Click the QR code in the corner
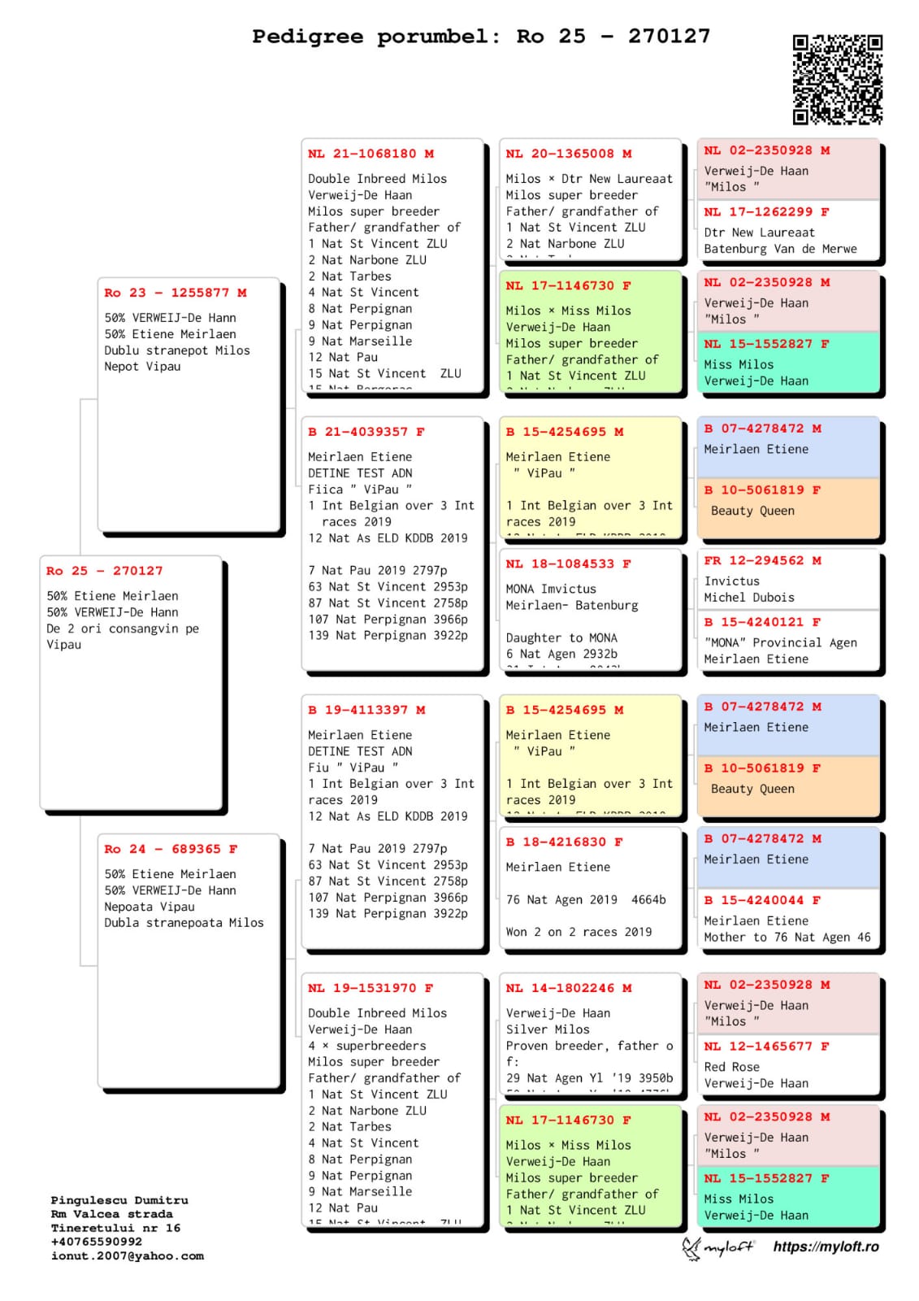point(837,79)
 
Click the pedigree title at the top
point(481,37)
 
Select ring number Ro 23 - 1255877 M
point(176,293)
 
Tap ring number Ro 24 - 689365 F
point(171,849)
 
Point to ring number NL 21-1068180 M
point(371,154)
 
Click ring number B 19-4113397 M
point(366,710)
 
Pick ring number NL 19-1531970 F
point(371,988)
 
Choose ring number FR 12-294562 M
point(762,560)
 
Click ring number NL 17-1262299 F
point(766,211)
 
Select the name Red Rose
point(732,1067)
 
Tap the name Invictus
point(732,581)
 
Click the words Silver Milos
point(548,1029)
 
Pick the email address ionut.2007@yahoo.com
point(128,1256)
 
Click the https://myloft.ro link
point(826,1247)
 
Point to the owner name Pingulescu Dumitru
point(119,1200)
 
